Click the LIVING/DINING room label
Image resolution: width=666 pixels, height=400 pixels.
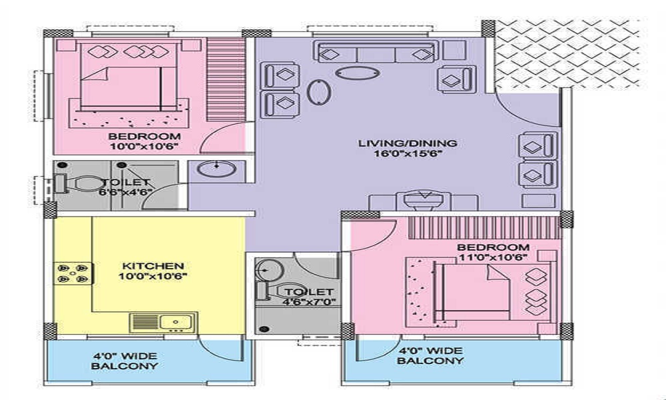(407, 143)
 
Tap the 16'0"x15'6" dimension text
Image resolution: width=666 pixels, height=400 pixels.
(407, 153)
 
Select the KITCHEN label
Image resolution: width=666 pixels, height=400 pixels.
(151, 265)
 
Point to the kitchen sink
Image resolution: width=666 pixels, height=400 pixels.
(163, 323)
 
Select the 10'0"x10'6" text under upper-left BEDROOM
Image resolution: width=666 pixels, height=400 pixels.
(144, 147)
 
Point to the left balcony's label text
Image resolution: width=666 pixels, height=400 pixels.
(125, 361)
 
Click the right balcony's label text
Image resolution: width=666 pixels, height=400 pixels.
(430, 355)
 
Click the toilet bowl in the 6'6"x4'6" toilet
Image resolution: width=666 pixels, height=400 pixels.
(86, 183)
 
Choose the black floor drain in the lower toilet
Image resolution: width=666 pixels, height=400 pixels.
(264, 328)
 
